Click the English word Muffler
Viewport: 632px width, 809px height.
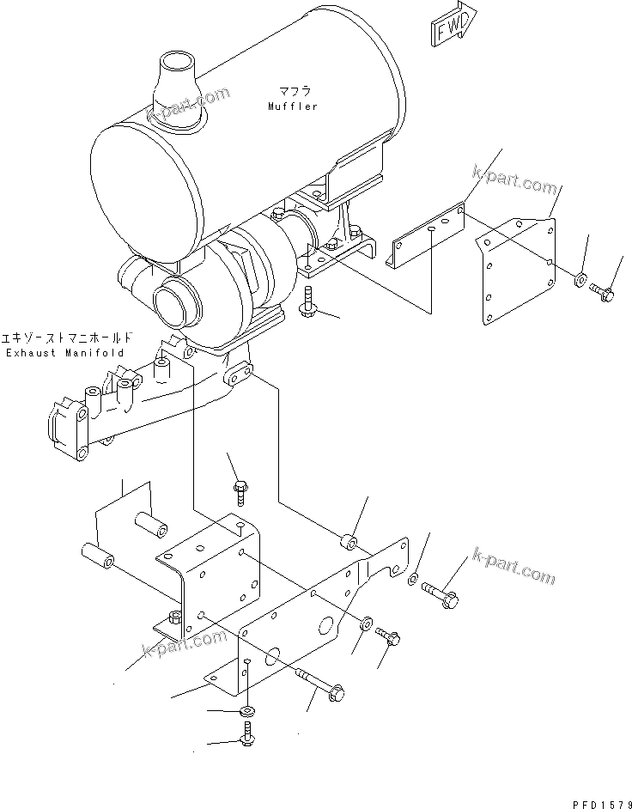point(292,106)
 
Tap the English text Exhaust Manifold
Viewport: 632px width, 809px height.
point(64,353)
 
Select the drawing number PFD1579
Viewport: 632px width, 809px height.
point(593,802)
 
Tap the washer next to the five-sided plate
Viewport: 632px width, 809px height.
point(581,279)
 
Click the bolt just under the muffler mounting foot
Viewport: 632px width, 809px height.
point(308,304)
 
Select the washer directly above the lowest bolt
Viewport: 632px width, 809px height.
point(246,712)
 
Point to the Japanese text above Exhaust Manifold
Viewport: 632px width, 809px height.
point(64,338)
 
